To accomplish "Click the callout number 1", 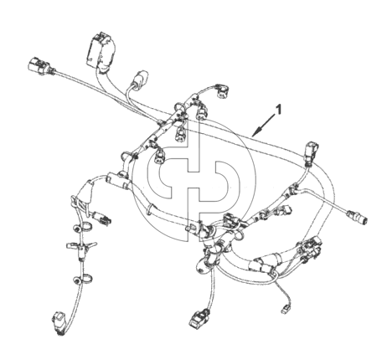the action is tap(278, 110).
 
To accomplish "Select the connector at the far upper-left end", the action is tap(39, 66).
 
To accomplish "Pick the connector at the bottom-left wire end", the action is tap(59, 323).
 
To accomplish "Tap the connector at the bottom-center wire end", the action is tap(200, 318).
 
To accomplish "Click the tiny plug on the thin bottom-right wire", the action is tap(285, 309).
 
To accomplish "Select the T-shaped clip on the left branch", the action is tap(81, 245).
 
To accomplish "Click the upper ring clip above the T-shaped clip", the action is tap(83, 227).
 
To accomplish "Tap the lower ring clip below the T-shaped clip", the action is tap(83, 279).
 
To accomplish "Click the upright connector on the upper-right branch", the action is tap(312, 152).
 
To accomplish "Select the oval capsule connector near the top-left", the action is tap(140, 78).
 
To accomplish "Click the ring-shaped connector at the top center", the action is tap(222, 91).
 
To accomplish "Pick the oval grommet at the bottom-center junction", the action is tap(204, 265).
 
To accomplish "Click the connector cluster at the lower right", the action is tap(311, 249).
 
